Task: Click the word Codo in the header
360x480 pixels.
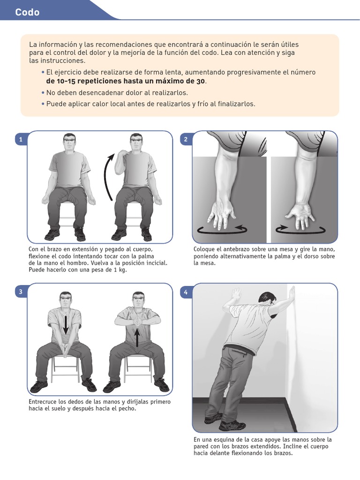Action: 27,12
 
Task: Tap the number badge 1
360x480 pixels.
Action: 21,140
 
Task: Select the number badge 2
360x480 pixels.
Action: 186,140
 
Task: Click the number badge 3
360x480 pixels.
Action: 21,292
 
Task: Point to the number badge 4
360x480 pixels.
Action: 186,292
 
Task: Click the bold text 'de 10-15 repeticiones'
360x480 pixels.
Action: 84,81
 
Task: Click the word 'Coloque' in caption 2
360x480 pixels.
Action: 204,249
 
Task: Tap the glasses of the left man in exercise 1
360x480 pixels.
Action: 69,140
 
